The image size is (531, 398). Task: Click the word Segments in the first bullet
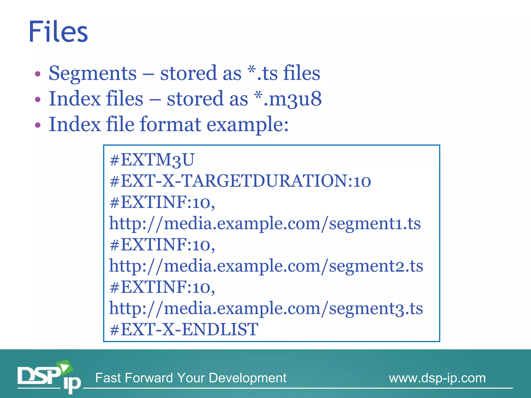point(93,73)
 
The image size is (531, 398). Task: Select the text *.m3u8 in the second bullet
point(288,99)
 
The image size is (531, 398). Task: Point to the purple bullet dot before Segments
point(38,74)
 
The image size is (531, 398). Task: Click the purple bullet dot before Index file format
point(38,125)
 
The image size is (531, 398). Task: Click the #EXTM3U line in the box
point(152,160)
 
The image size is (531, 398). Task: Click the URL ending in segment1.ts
point(265,223)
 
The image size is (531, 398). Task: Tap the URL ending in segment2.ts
point(266,266)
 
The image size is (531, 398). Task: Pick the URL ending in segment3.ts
point(266,308)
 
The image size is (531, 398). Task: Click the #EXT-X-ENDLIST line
point(184,330)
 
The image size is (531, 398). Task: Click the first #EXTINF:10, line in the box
point(162,202)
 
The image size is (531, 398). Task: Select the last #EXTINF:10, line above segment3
point(162,287)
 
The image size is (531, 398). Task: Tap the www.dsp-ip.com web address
point(437,378)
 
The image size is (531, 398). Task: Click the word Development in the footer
point(247,378)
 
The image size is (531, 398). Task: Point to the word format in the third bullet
point(171,124)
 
